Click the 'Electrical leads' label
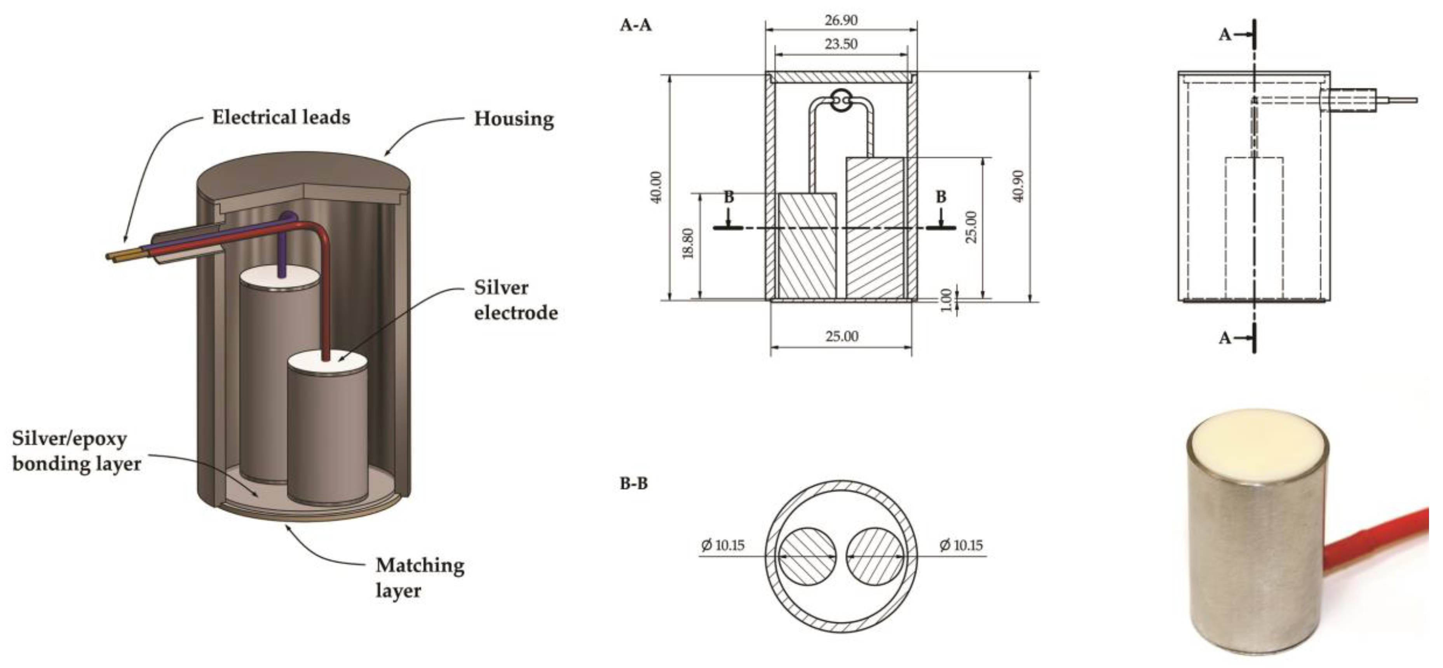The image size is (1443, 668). tap(281, 118)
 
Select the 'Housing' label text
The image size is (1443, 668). tap(514, 119)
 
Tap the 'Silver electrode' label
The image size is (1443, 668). tap(515, 300)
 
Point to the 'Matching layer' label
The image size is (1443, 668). tap(420, 577)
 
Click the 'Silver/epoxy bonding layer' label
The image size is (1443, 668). tap(76, 451)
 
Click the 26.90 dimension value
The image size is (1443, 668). tap(841, 20)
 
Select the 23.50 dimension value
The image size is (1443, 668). tap(841, 43)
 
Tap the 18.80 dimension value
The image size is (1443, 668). tap(688, 243)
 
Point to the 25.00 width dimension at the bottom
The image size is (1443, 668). tap(842, 336)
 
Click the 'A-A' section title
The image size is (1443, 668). tap(635, 25)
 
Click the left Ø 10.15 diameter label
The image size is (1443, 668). tap(723, 545)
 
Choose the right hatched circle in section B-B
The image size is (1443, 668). tap(875, 556)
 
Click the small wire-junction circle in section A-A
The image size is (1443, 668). tap(840, 101)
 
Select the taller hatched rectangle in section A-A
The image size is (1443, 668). tap(875, 227)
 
